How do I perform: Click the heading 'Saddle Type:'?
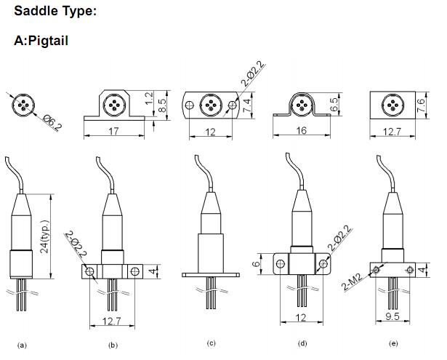tap(55, 11)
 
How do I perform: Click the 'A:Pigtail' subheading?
tap(41, 40)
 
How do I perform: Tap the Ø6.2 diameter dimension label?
tap(52, 123)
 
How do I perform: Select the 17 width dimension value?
tap(114, 131)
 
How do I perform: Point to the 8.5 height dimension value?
tap(161, 105)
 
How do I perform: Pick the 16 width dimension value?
tap(302, 130)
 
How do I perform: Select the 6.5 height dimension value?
tap(334, 105)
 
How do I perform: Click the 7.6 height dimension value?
tap(421, 105)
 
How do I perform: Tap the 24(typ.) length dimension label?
tap(45, 236)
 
